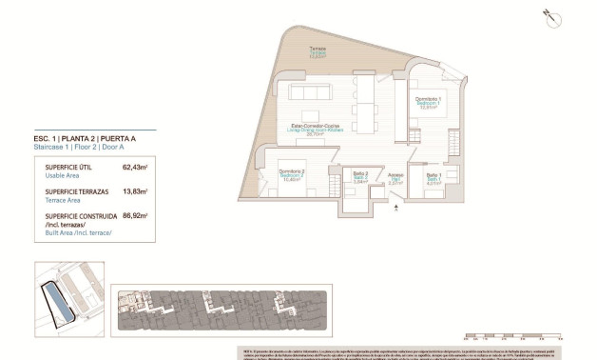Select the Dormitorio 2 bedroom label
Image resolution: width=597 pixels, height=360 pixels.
coord(291,175)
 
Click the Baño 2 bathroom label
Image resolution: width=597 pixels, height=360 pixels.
coord(359,176)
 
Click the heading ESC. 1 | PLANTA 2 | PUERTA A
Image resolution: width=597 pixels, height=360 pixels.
coord(83,139)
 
